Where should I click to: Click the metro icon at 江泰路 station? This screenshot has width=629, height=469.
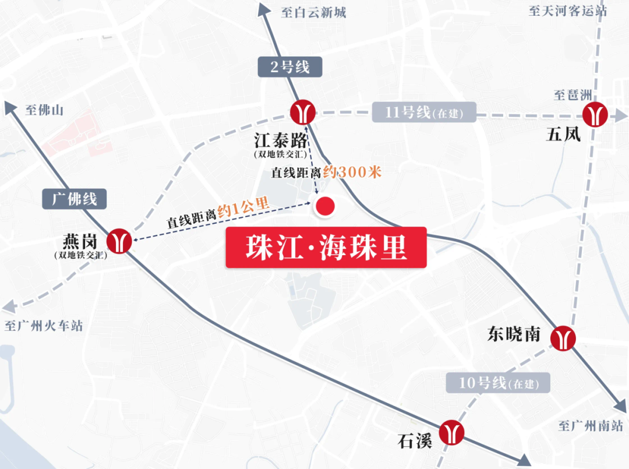(303, 112)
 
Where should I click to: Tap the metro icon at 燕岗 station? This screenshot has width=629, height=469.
(119, 241)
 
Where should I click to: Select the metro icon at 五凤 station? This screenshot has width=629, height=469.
(595, 114)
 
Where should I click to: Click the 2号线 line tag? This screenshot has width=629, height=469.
(290, 67)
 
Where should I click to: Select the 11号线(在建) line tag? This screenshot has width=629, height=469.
(424, 112)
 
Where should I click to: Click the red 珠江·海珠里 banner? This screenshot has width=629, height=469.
(326, 247)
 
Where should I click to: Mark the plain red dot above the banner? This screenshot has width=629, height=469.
(324, 206)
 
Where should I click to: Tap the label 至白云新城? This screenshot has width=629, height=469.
(313, 12)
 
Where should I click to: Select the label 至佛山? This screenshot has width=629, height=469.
(44, 110)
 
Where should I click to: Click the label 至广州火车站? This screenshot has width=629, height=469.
(44, 325)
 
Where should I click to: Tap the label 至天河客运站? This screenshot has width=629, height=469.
(567, 11)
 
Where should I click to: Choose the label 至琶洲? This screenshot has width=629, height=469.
(572, 95)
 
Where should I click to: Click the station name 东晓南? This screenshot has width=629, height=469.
(514, 334)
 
